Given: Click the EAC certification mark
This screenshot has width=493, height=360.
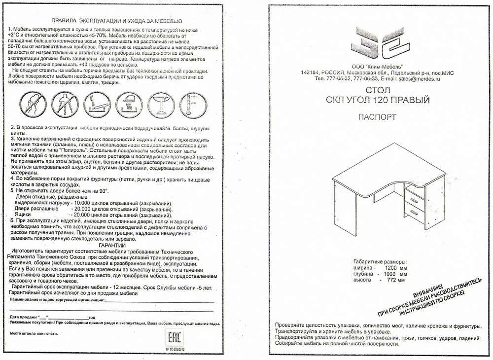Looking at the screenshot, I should point(174,339).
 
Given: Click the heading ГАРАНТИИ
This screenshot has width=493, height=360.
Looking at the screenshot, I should point(112,245).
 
